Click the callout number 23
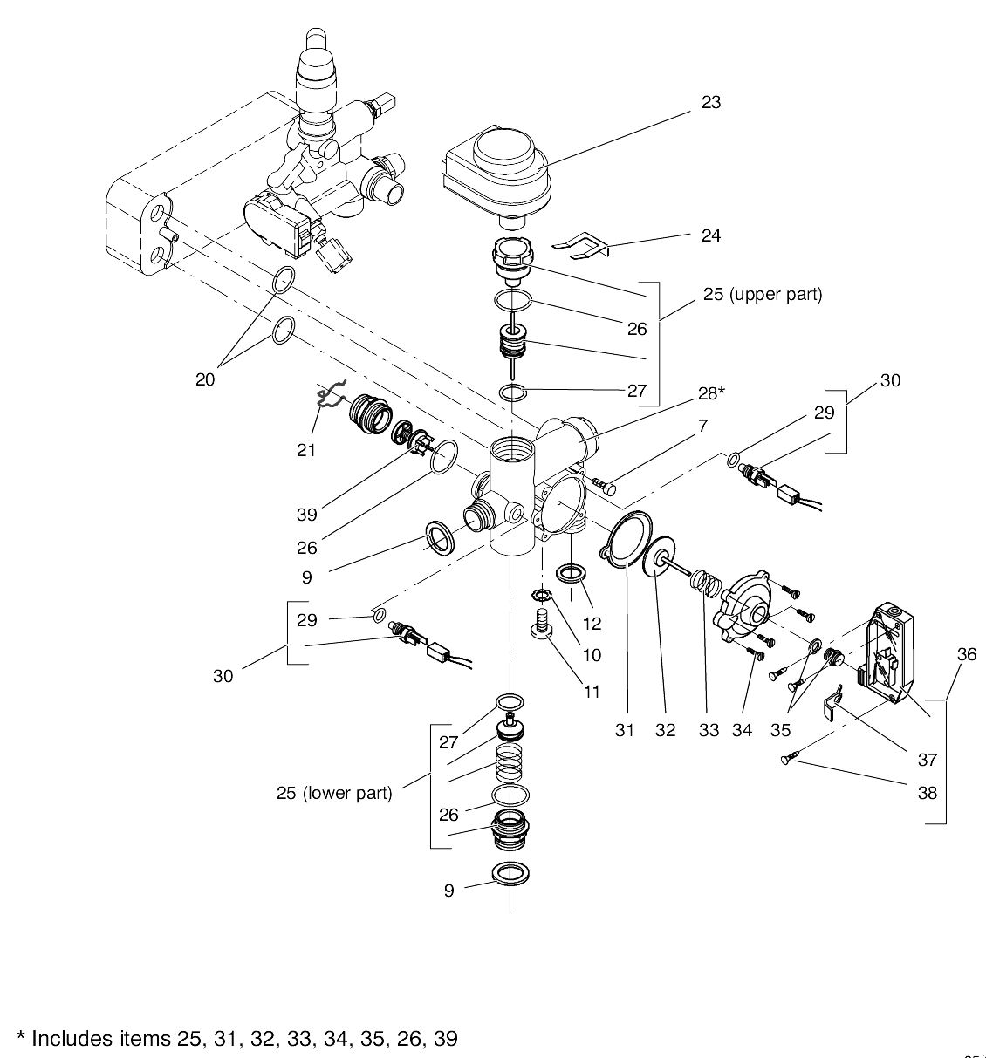(x=711, y=102)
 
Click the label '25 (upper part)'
(x=762, y=294)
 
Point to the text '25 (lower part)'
(x=334, y=793)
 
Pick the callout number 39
(x=306, y=514)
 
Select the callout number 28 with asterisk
(x=710, y=393)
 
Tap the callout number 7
(x=702, y=426)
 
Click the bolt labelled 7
(x=603, y=482)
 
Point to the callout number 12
(x=592, y=624)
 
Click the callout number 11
(x=592, y=692)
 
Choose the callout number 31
(x=624, y=730)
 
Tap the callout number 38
(x=927, y=793)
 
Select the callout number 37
(x=927, y=760)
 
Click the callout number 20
(x=205, y=380)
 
